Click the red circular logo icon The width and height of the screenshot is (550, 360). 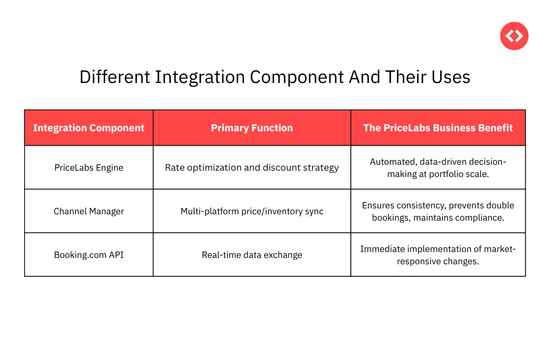coord(514,36)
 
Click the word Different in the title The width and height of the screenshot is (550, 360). coord(115,78)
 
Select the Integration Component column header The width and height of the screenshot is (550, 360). coord(89,128)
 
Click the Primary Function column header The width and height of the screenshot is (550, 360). coord(252,128)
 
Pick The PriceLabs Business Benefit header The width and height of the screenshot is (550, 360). coord(438,128)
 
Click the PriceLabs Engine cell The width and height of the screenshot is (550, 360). coord(89,168)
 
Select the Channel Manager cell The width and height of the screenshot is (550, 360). coord(89,211)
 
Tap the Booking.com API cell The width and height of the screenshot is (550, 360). coord(89,255)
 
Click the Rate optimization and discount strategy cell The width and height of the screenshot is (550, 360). coord(252,168)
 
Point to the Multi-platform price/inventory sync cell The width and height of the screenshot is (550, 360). coord(252,211)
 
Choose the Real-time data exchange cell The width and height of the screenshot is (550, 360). coord(252,255)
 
